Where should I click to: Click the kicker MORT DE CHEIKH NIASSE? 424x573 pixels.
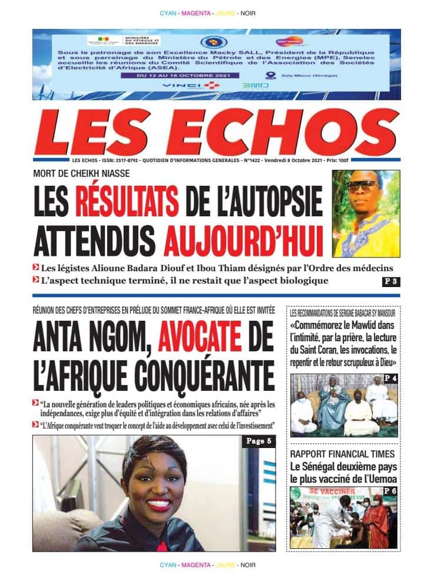point(81,173)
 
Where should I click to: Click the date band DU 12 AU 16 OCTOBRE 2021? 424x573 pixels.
point(177,75)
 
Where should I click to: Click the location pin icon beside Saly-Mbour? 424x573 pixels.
point(270,75)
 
